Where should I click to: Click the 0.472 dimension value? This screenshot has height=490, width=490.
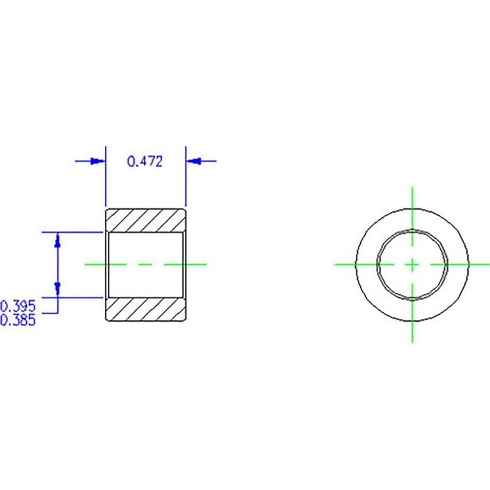tap(145, 161)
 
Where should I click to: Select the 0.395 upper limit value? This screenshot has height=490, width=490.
tap(18, 306)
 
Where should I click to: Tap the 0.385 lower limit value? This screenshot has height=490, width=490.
tap(18, 320)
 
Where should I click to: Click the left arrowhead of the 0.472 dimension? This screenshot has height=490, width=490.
tap(97, 161)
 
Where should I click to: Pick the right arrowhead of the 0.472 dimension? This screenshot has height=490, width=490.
tap(193, 161)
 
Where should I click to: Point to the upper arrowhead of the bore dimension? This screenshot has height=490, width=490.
tap(57, 240)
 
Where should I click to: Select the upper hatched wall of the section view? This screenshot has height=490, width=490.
tap(146, 221)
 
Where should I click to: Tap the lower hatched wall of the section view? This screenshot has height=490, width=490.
tap(146, 309)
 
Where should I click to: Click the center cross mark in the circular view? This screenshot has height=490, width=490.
tap(412, 265)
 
